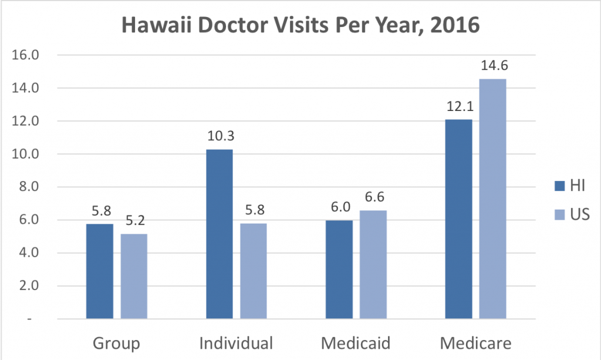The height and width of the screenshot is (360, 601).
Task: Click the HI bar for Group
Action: (x=100, y=271)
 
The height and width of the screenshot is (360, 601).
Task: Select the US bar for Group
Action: (x=134, y=276)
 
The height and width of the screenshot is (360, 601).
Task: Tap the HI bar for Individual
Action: (x=219, y=234)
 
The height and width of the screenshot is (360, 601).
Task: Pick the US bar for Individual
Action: (x=254, y=271)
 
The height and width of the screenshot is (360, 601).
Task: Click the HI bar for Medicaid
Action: (x=339, y=270)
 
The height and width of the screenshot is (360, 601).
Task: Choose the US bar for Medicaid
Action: (x=373, y=265)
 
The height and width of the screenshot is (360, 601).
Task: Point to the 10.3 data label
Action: (x=220, y=137)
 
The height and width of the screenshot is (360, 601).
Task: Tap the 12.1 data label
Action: (x=458, y=107)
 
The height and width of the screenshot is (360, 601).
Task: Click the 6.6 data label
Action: (x=373, y=198)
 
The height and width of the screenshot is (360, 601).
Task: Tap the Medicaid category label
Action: (x=356, y=343)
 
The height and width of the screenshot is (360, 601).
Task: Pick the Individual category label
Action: (x=237, y=343)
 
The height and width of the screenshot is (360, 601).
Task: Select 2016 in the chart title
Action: (x=451, y=26)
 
